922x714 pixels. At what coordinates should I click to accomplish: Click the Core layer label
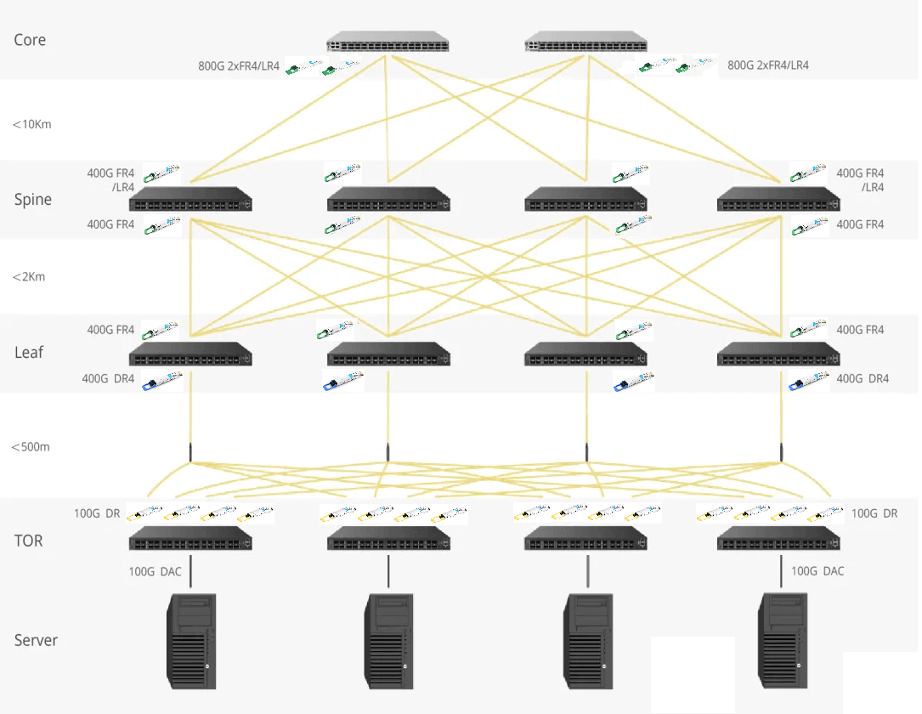click(x=30, y=40)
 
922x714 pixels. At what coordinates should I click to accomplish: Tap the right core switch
click(x=585, y=42)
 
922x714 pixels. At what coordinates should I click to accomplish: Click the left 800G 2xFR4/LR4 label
click(x=239, y=65)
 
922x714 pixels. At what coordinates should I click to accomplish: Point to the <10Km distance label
click(x=32, y=124)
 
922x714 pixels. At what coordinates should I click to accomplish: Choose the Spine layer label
click(x=33, y=200)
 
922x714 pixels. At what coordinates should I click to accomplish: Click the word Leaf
click(x=29, y=352)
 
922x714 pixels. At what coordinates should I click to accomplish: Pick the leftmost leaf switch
click(x=190, y=355)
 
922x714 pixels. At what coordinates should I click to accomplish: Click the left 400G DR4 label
click(x=108, y=379)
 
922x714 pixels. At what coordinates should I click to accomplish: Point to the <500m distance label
click(x=31, y=447)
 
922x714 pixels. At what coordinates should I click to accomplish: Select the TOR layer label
click(x=28, y=541)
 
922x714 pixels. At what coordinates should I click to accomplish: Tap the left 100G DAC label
click(x=156, y=572)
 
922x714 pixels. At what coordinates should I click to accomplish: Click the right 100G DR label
click(x=874, y=513)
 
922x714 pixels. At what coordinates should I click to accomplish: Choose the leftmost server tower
click(x=190, y=641)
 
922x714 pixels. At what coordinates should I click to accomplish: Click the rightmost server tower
click(x=782, y=641)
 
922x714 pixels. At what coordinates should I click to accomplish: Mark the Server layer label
click(x=36, y=640)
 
